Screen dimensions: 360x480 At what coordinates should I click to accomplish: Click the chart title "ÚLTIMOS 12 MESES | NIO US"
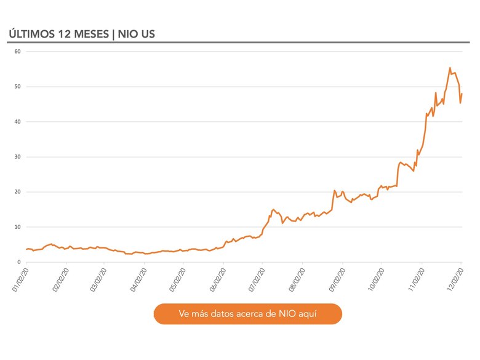click(81, 33)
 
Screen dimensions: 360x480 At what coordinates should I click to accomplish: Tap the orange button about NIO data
click(247, 314)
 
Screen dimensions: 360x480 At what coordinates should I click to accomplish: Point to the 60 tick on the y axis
click(18, 52)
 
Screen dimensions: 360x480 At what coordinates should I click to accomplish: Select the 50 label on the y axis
click(18, 87)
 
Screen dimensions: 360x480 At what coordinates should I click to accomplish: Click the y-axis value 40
click(18, 122)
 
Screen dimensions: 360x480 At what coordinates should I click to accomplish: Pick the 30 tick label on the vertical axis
click(18, 157)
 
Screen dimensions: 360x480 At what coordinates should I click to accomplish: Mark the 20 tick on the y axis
click(18, 192)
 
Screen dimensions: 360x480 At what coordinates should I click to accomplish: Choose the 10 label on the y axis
click(18, 227)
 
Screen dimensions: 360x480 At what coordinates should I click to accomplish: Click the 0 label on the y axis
click(19, 262)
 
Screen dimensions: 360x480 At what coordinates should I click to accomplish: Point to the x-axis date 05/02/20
click(176, 279)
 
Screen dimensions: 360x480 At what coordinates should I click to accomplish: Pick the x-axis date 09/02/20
click(335, 279)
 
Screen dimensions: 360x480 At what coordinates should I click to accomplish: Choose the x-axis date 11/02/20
click(414, 279)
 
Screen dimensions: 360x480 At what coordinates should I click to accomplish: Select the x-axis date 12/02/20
click(454, 279)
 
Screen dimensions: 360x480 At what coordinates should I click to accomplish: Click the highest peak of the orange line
click(450, 68)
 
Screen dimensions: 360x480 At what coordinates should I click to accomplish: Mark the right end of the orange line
click(462, 94)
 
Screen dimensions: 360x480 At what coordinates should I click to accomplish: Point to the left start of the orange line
click(26, 249)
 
